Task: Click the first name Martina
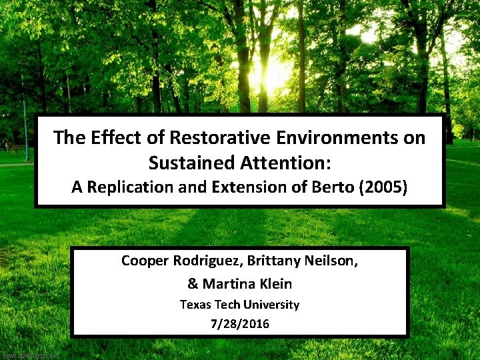pyautogui.click(x=229, y=284)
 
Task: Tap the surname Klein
pyautogui.click(x=276, y=284)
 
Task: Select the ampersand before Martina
pyautogui.click(x=193, y=284)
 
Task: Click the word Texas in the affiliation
pyautogui.click(x=196, y=305)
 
